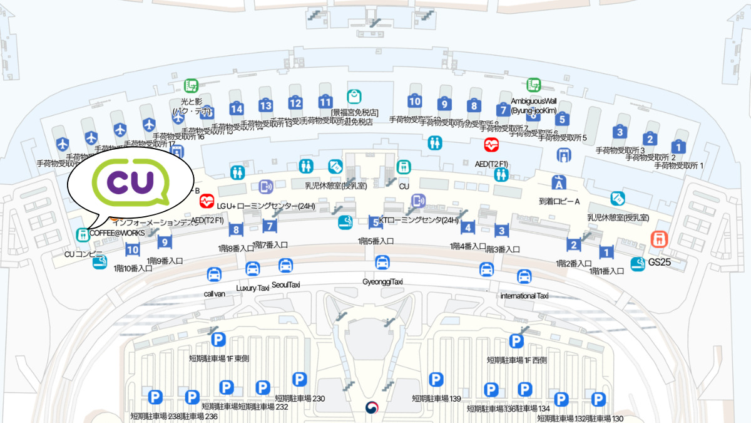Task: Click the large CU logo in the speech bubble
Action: tap(130, 180)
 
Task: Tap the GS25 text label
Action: tap(660, 262)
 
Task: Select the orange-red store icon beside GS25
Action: tap(657, 239)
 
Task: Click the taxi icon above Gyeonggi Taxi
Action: tap(382, 263)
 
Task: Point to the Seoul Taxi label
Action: tap(286, 285)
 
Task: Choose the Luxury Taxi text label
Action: tap(252, 288)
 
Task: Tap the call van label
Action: tap(214, 293)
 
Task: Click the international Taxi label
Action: tap(524, 296)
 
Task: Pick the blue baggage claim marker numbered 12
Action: tap(295, 103)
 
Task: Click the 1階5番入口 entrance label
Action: tap(375, 241)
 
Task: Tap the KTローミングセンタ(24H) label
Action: tap(419, 220)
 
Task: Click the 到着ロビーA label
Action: tap(559, 202)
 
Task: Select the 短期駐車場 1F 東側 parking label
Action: tap(219, 359)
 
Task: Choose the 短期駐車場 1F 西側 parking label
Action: tap(517, 360)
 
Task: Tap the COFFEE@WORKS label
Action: tap(117, 233)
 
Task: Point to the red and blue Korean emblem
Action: tap(372, 408)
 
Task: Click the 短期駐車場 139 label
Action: tap(436, 399)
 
